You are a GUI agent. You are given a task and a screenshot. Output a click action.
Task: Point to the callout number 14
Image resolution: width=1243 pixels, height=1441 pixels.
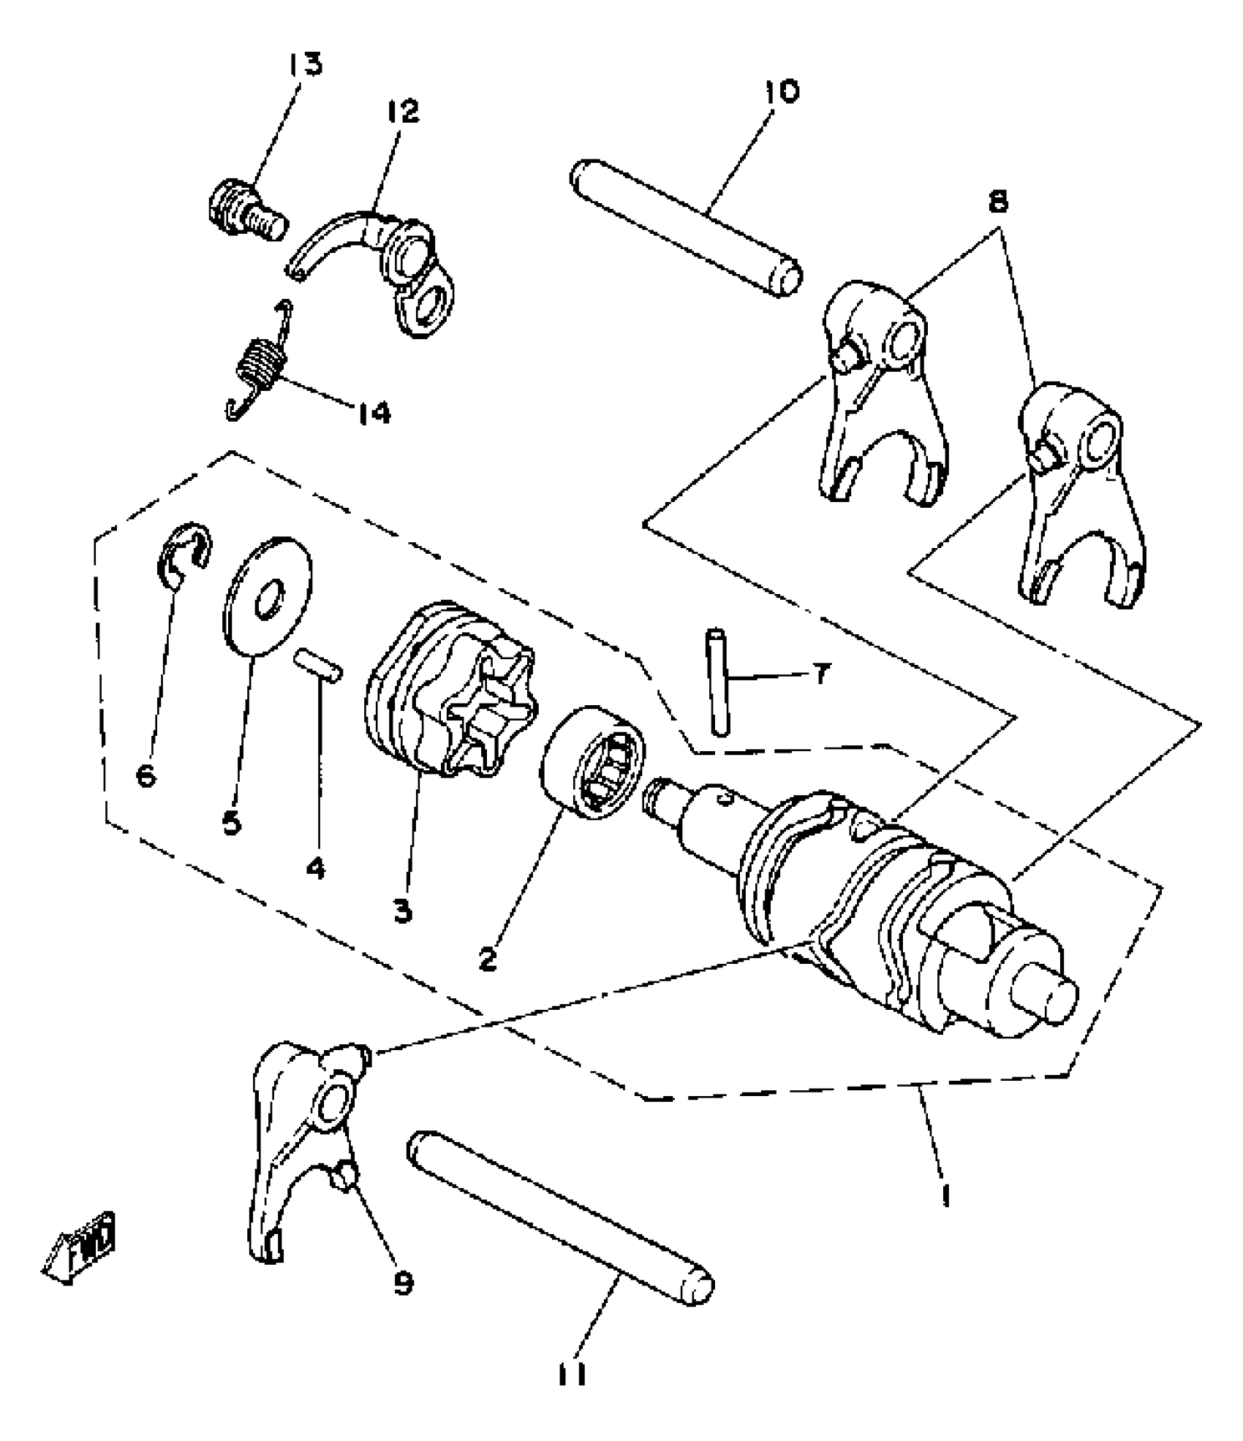tap(374, 413)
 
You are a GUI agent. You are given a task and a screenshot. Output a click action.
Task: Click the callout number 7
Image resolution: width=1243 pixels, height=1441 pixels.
tap(821, 674)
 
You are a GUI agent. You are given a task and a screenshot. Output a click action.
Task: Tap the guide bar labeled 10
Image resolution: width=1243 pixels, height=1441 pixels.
tap(686, 227)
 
